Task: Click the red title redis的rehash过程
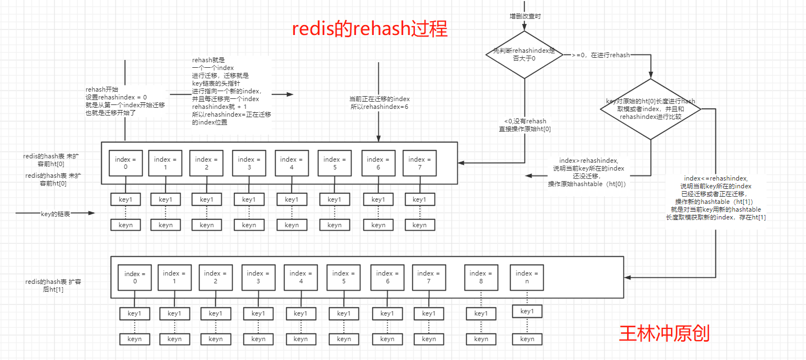[370, 29]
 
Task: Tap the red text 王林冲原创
[664, 333]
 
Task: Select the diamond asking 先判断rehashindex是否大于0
[524, 54]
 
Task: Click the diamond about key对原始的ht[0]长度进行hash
[650, 109]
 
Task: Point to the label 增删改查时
[525, 16]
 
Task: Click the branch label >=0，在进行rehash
[600, 55]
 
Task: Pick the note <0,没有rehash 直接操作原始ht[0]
[524, 125]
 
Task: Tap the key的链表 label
[56, 213]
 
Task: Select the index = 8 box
[478, 277]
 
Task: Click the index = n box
[524, 277]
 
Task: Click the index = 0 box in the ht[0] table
[126, 163]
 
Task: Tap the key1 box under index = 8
[481, 314]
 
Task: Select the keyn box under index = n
[527, 339]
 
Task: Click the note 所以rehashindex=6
[379, 107]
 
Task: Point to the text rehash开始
[102, 89]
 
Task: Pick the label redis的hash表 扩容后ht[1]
[53, 286]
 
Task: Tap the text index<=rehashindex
[715, 178]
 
